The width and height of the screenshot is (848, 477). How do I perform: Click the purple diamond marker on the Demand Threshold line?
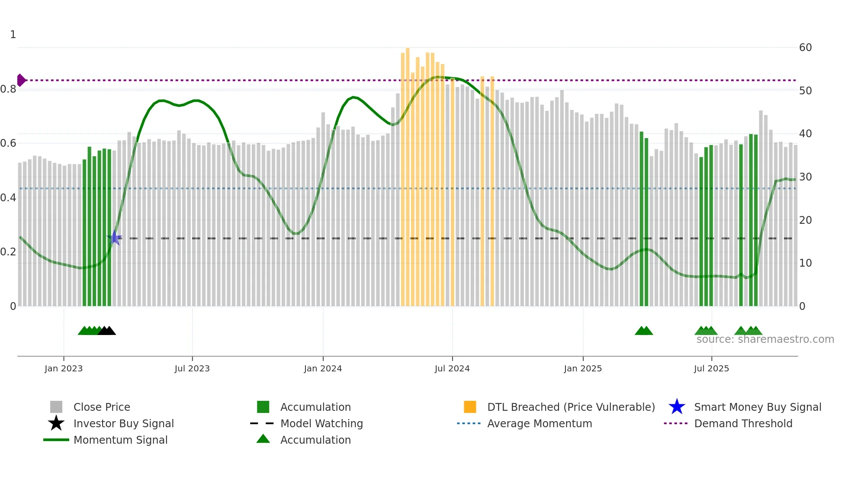click(21, 80)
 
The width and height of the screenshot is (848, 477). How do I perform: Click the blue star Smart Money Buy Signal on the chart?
click(115, 238)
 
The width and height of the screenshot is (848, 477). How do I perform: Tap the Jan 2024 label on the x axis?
click(323, 368)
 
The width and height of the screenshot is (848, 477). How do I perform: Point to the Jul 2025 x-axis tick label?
click(711, 368)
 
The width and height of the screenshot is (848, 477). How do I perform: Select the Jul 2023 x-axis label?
click(192, 368)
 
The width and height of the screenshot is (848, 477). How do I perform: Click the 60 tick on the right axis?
click(805, 48)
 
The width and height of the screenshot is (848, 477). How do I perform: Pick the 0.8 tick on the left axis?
click(9, 89)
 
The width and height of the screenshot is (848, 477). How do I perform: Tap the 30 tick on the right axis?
click(805, 177)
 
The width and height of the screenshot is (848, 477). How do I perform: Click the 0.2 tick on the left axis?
click(9, 251)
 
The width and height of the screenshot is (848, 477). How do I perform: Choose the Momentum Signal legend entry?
click(120, 440)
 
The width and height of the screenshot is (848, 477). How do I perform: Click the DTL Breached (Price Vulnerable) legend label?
click(571, 407)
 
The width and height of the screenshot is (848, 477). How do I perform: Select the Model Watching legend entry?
click(321, 423)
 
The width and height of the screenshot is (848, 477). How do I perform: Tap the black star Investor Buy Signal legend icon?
click(56, 423)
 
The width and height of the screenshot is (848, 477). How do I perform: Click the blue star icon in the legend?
click(677, 407)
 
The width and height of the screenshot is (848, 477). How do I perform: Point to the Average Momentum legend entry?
click(540, 423)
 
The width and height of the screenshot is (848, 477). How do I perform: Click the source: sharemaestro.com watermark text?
click(765, 339)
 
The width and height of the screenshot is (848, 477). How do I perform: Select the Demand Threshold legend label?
click(743, 423)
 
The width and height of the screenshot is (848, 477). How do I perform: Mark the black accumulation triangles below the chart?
click(107, 331)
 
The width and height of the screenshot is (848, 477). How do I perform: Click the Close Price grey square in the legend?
click(56, 407)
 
